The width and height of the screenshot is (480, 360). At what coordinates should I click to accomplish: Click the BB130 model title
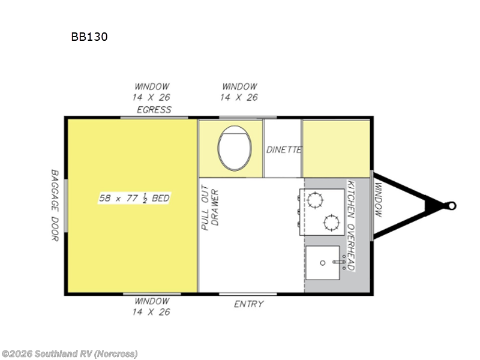[x=89, y=37]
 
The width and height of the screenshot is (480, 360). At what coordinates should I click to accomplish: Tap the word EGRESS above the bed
[x=154, y=110]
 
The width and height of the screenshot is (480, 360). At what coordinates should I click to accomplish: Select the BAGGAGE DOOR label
[x=55, y=205]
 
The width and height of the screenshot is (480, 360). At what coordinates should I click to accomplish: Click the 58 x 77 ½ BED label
[x=134, y=198]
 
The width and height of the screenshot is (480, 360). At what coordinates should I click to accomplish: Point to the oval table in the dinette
[x=235, y=148]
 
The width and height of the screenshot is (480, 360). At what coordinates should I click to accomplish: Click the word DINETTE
[x=284, y=149]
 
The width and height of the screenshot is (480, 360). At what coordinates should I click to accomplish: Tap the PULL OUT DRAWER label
[x=210, y=207]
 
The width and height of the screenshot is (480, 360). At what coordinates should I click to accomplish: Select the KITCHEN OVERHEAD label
[x=351, y=226]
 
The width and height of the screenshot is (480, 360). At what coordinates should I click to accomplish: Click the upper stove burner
[x=315, y=200]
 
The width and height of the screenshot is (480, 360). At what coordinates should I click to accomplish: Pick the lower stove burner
[x=332, y=223]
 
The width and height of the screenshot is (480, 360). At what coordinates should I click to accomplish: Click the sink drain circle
[x=322, y=263]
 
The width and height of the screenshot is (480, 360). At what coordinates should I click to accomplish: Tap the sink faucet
[x=339, y=262]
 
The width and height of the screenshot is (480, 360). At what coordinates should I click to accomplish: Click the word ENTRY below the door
[x=248, y=304]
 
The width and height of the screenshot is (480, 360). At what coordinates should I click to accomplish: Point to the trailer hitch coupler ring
[x=452, y=206]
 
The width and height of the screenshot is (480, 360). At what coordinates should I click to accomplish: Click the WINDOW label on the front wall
[x=379, y=200]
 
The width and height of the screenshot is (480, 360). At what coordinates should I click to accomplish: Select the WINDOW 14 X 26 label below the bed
[x=152, y=307]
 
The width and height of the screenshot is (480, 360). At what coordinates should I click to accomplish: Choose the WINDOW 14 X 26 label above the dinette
[x=239, y=92]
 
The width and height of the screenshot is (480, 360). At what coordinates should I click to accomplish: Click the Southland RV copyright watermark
[x=69, y=354]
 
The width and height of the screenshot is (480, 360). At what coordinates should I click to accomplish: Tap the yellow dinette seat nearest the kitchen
[x=336, y=149]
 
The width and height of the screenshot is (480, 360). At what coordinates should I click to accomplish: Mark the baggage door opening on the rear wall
[x=65, y=206]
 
